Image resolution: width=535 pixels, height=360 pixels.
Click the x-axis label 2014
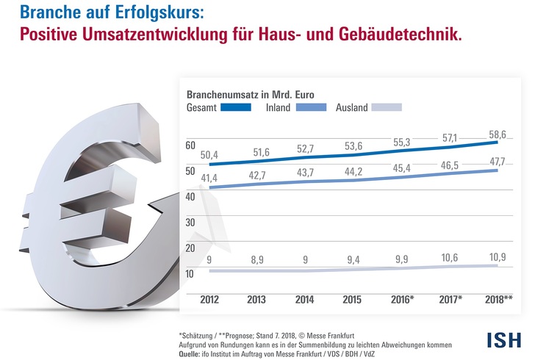304,300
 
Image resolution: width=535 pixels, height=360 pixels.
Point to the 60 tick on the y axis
190,145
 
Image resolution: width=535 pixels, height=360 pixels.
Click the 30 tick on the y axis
190,223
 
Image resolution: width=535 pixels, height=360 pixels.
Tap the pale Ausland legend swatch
387,107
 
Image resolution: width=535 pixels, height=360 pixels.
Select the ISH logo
503,339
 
